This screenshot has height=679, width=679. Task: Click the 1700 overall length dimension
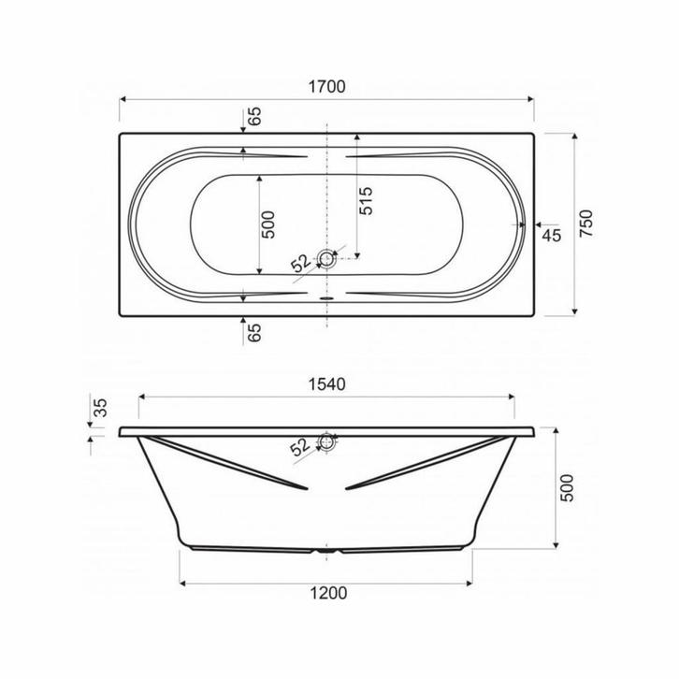326,87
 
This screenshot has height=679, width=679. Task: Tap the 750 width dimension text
585,223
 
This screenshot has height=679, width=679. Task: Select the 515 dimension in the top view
366,201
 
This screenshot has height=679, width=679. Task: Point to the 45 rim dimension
552,236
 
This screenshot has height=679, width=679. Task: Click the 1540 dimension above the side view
326,384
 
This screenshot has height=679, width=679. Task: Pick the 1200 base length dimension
328,593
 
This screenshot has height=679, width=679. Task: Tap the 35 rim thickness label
100,408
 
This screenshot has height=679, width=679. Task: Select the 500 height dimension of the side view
567,488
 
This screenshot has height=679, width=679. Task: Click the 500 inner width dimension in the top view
268,224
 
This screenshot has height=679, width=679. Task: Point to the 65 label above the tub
255,116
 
